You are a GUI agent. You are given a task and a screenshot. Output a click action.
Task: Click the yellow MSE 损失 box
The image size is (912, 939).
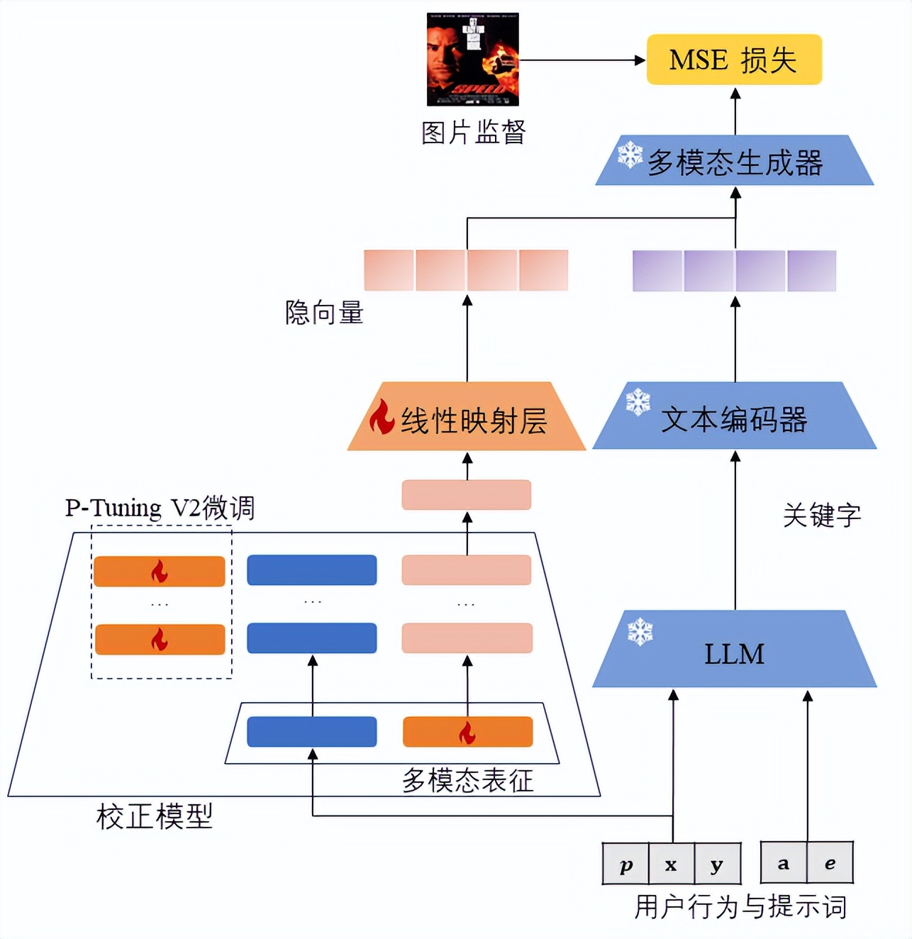coord(734,60)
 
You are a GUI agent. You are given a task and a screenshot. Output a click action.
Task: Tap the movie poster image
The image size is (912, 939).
coord(472,60)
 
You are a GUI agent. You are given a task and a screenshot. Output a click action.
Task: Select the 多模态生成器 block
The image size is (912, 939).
coord(735,162)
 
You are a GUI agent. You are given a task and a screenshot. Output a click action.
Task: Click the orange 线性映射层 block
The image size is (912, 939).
coord(467,418)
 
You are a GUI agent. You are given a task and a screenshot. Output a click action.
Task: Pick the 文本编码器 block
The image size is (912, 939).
coord(735,418)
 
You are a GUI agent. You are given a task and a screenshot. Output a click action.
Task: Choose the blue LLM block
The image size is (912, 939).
coord(735,651)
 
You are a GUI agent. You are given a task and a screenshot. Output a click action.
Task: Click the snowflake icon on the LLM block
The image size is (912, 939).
coord(640,631)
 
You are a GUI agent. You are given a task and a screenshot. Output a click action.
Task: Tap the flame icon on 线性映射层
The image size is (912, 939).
coord(382,416)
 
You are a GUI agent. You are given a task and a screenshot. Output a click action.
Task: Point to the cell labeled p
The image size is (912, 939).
coord(625,864)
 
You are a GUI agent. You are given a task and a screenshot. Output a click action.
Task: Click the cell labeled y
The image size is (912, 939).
coord(717,864)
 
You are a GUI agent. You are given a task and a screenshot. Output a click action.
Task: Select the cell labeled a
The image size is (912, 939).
coord(783,863)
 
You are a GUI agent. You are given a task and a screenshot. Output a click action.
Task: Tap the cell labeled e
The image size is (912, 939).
coord(830,863)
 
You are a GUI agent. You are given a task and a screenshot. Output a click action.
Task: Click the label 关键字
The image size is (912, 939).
coord(822,515)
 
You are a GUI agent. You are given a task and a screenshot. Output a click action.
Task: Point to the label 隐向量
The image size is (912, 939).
coord(324,312)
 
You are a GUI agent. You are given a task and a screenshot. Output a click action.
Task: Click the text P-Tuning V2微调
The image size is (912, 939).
coord(160,508)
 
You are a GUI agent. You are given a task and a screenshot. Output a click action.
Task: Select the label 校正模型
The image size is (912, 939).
coord(154,816)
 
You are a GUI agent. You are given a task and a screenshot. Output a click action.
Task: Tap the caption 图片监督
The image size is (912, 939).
coord(473,132)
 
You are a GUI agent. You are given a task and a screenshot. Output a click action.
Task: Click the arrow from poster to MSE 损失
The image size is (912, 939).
coord(582,60)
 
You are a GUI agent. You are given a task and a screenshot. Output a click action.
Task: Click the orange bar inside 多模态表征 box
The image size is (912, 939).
coord(467,732)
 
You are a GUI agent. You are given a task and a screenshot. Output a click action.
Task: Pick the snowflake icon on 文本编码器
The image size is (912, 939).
coord(638,401)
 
